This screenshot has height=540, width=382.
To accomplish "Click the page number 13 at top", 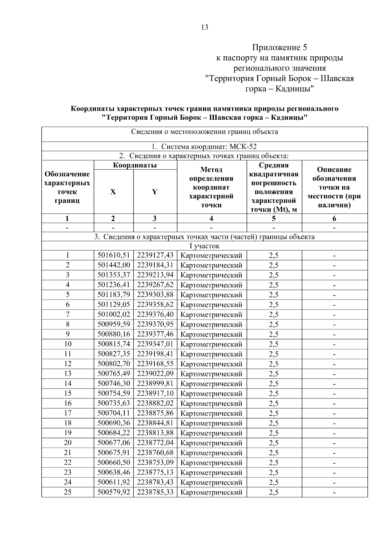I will [x=205, y=27].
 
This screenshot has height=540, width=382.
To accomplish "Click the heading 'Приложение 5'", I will [x=279, y=48].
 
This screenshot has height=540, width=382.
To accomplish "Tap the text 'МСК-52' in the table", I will [x=243, y=147].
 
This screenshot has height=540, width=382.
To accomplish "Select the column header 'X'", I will [x=113, y=192].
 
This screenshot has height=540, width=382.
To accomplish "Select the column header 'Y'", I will [x=155, y=192].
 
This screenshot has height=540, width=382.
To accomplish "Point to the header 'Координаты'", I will [x=135, y=165].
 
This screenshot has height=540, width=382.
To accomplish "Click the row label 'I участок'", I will [x=204, y=246].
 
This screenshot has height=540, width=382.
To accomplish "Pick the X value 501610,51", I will [x=114, y=255].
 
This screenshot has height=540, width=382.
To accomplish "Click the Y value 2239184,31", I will [x=155, y=265].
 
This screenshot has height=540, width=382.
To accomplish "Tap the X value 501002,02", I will [x=114, y=314].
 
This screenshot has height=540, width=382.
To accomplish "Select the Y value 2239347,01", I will [x=155, y=344].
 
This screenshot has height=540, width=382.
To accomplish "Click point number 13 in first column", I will [x=67, y=374].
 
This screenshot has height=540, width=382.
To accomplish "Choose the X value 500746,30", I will [x=114, y=383].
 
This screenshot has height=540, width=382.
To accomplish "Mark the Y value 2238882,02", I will [x=155, y=403].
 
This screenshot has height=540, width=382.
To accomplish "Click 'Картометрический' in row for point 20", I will [x=211, y=443].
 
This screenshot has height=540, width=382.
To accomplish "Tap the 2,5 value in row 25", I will [x=273, y=492].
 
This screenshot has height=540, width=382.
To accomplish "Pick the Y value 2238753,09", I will [x=155, y=462].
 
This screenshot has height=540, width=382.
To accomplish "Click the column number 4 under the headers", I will [x=211, y=218].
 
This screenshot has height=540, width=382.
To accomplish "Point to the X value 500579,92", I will [x=114, y=492].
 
